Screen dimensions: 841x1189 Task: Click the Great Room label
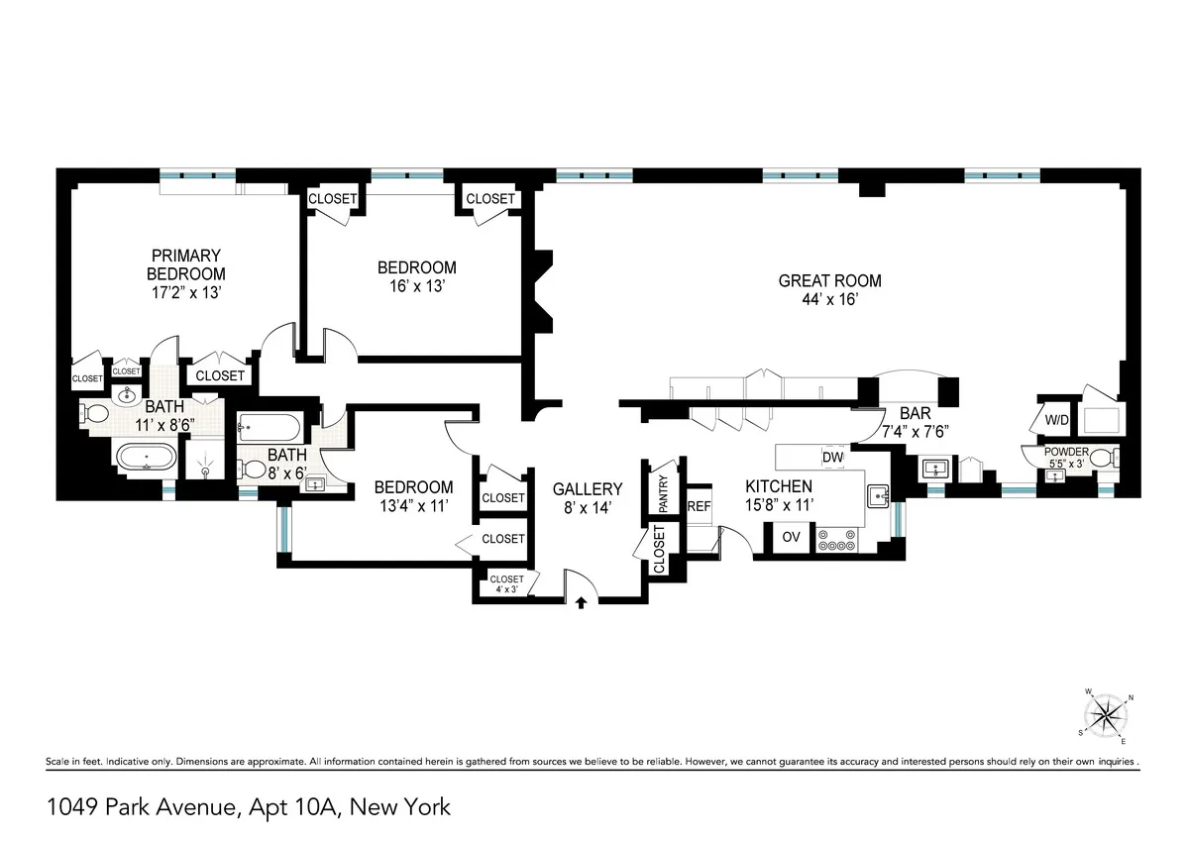(829, 280)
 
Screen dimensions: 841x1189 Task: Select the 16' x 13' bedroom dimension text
(416, 286)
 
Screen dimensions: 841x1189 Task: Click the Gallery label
(588, 488)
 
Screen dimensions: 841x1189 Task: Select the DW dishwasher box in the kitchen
(832, 457)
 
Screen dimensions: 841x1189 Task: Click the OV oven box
(791, 537)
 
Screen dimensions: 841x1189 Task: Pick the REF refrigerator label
(700, 506)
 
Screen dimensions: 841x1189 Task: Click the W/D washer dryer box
(1056, 420)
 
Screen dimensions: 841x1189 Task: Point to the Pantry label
(663, 493)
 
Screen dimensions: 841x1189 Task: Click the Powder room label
(1066, 453)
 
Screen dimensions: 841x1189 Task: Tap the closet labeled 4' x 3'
(506, 584)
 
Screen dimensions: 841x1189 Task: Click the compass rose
(1105, 713)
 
